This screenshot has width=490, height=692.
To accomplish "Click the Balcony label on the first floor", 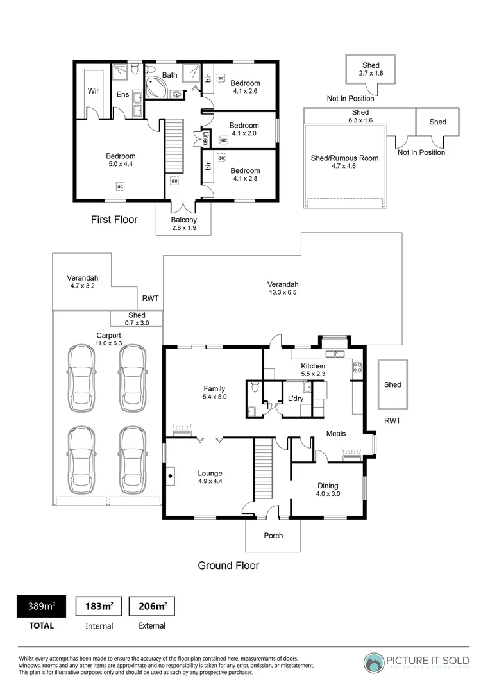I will point(184,220).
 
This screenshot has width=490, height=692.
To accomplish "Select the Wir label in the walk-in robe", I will point(94,91).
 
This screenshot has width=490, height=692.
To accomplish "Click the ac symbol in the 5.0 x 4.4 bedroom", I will point(121,186).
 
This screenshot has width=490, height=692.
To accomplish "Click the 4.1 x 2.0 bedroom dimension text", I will point(244,133).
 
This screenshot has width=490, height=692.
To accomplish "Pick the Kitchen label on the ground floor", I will point(313,366).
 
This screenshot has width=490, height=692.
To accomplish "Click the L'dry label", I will point(295,399).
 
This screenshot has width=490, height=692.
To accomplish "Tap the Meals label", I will point(336,434).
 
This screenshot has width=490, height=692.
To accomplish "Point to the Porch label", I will point(273,536).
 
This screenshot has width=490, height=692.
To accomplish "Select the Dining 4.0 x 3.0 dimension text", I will point(327,494).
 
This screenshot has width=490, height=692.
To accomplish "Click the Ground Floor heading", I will point(228,565).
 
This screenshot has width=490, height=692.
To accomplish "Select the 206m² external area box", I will point(152,606).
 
